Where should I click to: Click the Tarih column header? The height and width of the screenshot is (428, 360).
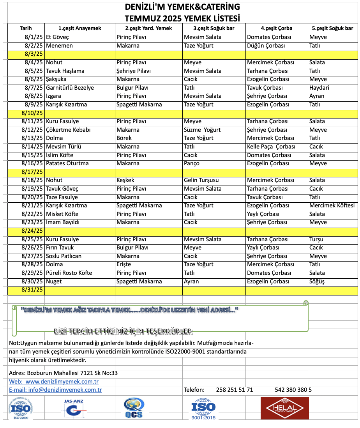pos(26,28)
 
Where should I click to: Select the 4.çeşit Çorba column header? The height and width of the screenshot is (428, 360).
pos(276,28)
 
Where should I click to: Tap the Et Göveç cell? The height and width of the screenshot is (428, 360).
pos(57,37)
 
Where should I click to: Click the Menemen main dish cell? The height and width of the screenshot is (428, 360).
pos(59,46)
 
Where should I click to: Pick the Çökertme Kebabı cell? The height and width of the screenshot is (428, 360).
pos(68,130)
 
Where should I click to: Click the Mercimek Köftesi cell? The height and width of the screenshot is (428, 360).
pos(332,205)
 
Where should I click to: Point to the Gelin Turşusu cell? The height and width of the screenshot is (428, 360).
pos(201,180)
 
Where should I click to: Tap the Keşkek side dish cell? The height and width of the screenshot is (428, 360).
pos(125,180)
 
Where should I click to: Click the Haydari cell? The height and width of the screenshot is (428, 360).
pos(319,88)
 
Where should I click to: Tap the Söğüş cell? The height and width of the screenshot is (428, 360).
pos(317,281)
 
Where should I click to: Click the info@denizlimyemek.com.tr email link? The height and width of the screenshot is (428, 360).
pos(55,390)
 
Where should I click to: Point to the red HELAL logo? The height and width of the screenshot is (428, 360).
pos(284,408)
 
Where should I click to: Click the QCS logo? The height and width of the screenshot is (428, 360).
pos(134,408)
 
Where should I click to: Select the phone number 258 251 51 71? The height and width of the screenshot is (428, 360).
pos(234,390)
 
